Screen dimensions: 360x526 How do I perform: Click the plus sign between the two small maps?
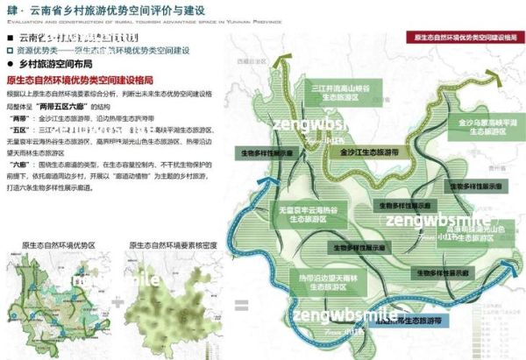tap(117, 303)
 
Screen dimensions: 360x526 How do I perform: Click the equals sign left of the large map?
tap(240, 306)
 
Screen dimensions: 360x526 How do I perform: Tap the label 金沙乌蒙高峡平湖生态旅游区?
tap(478, 129)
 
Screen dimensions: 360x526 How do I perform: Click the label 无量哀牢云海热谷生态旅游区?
tap(311, 215)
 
